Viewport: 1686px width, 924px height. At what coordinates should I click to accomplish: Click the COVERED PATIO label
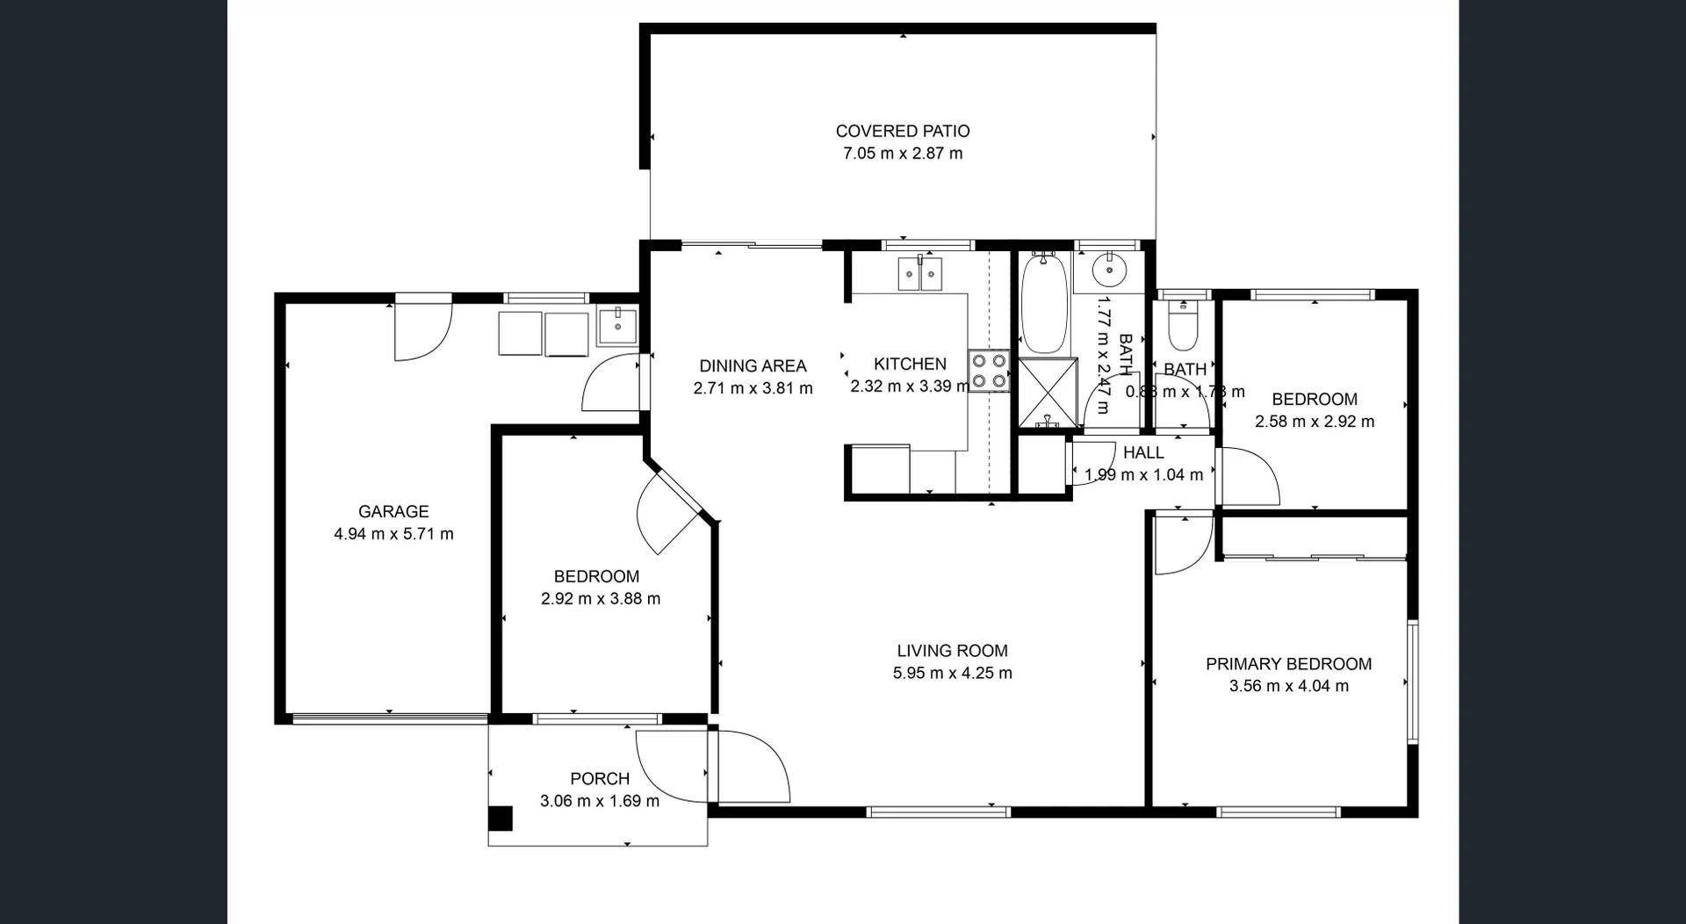903,131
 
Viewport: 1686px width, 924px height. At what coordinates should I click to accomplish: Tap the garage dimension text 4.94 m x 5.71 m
393,533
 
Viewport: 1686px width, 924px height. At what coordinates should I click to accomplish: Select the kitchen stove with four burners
989,371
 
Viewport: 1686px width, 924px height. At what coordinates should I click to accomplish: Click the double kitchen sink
920,274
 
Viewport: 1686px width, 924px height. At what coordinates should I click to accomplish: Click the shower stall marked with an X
1048,393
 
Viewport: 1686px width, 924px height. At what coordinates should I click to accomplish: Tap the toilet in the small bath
1183,328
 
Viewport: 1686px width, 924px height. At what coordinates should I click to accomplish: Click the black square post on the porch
500,819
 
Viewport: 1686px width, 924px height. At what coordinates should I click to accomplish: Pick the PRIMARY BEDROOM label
1288,664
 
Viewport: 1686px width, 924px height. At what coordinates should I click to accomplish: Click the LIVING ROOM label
952,651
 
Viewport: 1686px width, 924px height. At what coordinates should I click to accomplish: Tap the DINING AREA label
753,365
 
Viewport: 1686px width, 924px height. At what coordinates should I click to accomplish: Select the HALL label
1143,452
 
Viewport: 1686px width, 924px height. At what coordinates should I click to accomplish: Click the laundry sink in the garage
618,326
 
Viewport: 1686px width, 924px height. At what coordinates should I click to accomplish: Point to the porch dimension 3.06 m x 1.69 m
599,800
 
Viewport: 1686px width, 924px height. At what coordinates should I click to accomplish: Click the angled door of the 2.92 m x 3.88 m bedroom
672,515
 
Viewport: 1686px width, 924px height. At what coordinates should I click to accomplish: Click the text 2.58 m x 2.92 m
1314,422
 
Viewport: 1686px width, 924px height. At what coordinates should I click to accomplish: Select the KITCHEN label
910,364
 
